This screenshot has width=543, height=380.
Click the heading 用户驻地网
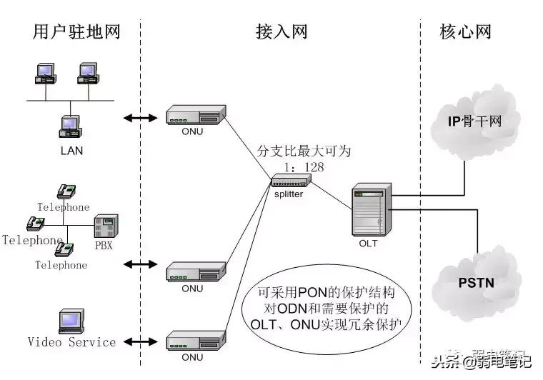(x=76, y=31)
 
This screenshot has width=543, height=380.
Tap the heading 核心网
(x=466, y=31)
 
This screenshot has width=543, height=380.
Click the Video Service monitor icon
(x=72, y=321)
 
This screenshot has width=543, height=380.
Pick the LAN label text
(x=72, y=150)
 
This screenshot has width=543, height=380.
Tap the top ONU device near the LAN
(x=195, y=115)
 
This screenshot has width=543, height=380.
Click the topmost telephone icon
(x=67, y=191)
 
